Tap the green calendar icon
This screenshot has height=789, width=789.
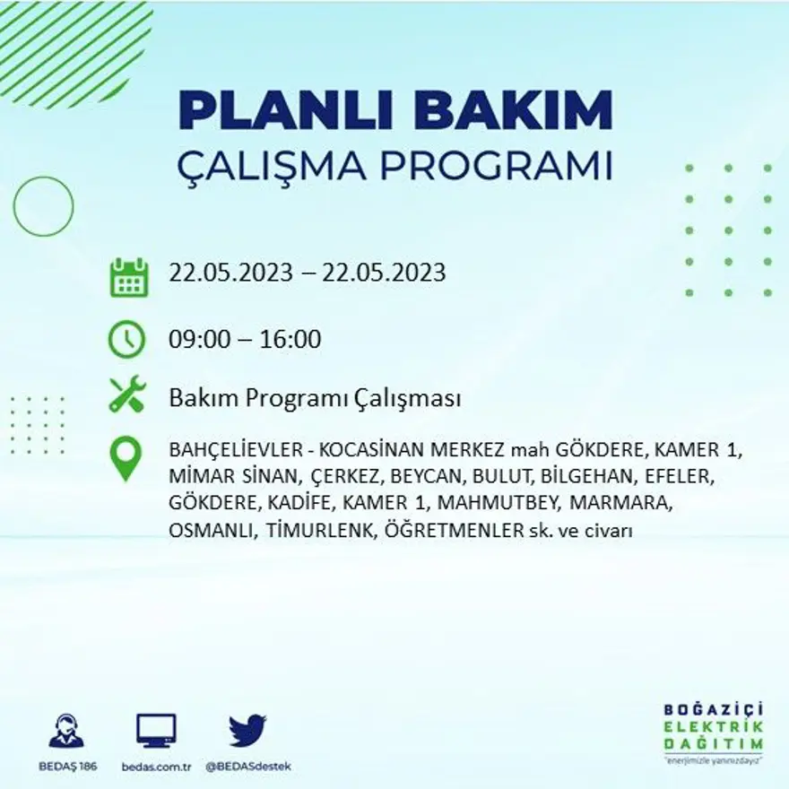pyautogui.click(x=128, y=277)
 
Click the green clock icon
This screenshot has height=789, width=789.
pyautogui.click(x=126, y=340)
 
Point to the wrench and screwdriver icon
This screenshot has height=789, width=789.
pyautogui.click(x=126, y=395)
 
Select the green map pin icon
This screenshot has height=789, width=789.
pyautogui.click(x=126, y=458)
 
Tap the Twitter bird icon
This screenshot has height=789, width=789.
pyautogui.click(x=247, y=730)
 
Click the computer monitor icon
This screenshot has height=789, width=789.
pyautogui.click(x=156, y=731)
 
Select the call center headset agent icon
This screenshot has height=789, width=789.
pyautogui.click(x=65, y=731)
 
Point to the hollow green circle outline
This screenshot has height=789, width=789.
pyautogui.click(x=43, y=207)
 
